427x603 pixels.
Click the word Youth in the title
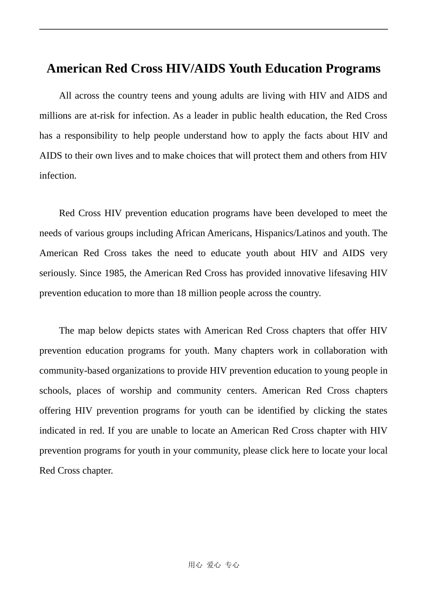[245, 69]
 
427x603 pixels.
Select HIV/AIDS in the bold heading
[196, 69]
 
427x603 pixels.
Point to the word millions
[56, 116]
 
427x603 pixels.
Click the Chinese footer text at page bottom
[213, 565]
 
